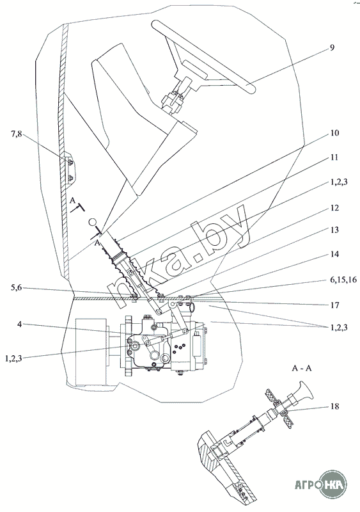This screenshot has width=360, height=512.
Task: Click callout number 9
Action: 332,47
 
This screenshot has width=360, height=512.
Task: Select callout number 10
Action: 334,133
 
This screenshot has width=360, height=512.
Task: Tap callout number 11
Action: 334,157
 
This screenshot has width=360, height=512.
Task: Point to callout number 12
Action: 334,207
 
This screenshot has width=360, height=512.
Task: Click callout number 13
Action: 334,230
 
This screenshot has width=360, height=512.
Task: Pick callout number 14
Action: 334,254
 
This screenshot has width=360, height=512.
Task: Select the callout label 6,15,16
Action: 344,280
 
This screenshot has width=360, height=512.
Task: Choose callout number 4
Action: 19,324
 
